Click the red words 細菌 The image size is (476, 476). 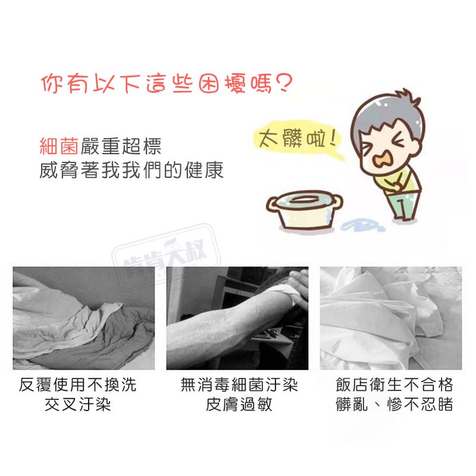59,146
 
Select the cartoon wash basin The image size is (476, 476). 305,210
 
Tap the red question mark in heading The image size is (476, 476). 284,83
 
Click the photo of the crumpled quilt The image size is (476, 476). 84,318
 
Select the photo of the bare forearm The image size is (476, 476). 237,318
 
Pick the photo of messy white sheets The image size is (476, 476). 391,318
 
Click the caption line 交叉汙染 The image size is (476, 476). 78,405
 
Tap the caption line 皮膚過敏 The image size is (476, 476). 239,405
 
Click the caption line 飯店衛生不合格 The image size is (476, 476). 394,384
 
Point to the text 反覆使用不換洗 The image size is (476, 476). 78,384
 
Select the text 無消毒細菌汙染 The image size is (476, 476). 239,384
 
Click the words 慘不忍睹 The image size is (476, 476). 420,405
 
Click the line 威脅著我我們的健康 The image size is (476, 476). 131,170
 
